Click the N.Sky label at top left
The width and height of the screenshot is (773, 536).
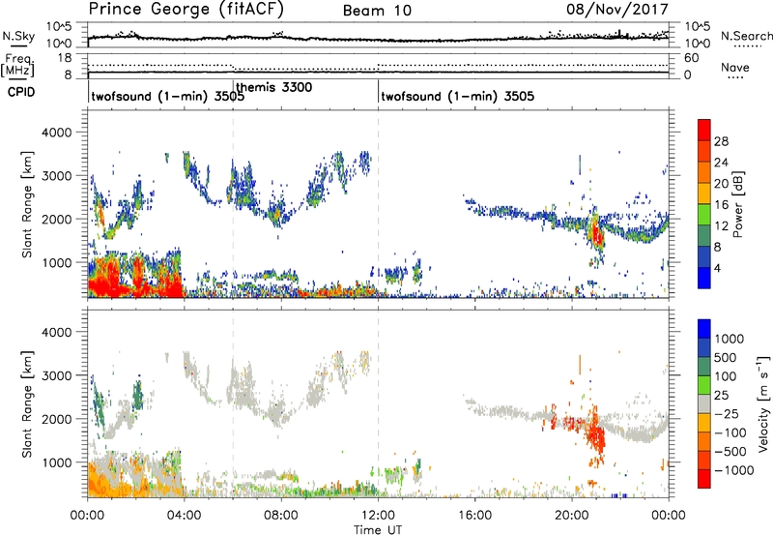(15, 35)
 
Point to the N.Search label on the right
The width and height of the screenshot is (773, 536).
(741, 35)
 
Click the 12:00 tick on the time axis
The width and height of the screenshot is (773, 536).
(378, 513)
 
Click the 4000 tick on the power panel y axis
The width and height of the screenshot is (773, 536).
(63, 132)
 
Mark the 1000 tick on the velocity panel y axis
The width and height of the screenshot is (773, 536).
(63, 462)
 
